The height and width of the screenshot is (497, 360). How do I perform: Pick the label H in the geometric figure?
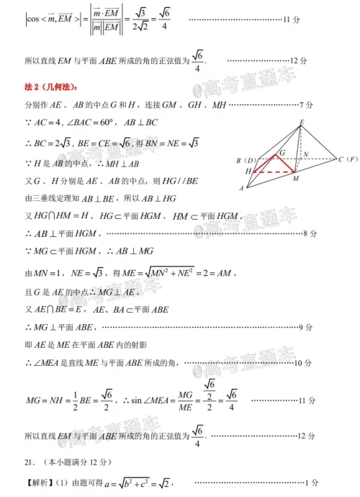248,171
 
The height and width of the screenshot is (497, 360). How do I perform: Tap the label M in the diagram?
296,178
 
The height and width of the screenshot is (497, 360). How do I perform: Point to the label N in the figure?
307,153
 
